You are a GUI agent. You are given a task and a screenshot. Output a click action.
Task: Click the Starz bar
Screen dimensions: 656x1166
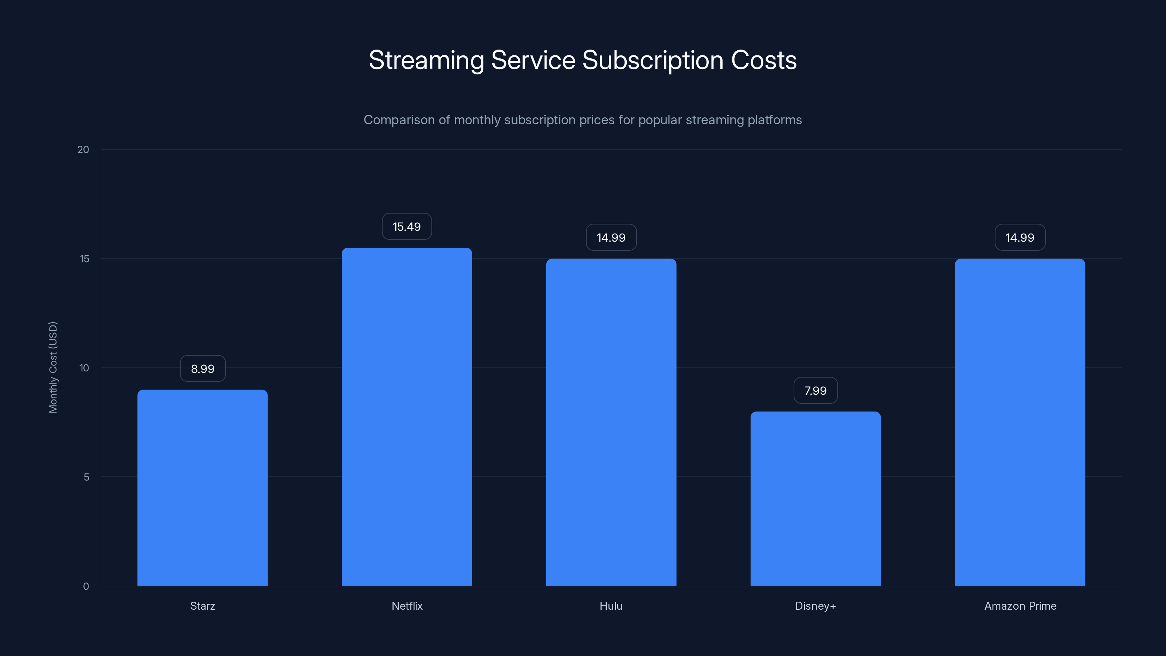(202, 488)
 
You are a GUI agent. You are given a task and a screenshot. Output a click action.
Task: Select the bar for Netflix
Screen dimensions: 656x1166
(407, 417)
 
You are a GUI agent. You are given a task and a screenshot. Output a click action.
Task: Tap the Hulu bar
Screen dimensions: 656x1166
(611, 422)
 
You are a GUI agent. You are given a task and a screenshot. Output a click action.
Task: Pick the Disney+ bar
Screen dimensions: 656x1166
(815, 499)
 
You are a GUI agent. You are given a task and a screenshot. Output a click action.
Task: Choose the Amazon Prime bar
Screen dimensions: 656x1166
(1020, 422)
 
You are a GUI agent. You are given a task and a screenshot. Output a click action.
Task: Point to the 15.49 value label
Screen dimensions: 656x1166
(407, 226)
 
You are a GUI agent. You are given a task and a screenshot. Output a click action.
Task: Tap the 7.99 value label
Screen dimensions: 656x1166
(815, 390)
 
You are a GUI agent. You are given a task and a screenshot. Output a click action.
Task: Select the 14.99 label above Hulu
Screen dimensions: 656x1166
(611, 237)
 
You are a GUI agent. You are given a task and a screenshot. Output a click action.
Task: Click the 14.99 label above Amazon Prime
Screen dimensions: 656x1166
(1020, 237)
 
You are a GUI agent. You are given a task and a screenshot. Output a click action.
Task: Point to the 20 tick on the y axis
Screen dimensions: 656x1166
(83, 149)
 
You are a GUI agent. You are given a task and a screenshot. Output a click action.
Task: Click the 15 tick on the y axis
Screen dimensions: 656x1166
(85, 258)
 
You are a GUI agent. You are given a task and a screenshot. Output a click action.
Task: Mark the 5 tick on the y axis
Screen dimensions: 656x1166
(86, 477)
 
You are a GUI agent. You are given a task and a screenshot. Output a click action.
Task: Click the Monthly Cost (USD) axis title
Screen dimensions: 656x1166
(53, 367)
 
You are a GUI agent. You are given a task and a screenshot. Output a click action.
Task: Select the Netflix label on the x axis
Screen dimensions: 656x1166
(407, 606)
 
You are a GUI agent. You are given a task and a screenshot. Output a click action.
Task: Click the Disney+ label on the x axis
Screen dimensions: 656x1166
(815, 606)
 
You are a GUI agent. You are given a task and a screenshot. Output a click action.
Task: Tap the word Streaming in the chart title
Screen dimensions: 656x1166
(426, 60)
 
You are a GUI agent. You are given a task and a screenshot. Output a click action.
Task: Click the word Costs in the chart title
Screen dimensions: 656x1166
(764, 60)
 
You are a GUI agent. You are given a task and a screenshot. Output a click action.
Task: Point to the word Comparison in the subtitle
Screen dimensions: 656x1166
(399, 120)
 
